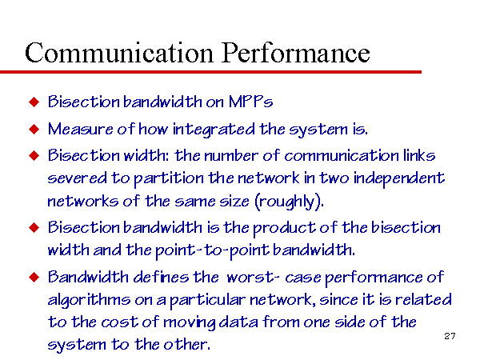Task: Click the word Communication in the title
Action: [x=118, y=53]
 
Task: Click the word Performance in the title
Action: [x=296, y=53]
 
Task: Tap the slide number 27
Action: [x=450, y=336]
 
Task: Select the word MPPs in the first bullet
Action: [x=250, y=102]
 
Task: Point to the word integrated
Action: [x=214, y=130]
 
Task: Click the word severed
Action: [x=77, y=178]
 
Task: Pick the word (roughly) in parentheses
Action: [x=289, y=202]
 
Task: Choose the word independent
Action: [x=399, y=178]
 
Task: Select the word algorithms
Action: [x=89, y=300]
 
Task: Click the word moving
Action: [x=190, y=322]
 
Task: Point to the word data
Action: [x=238, y=322]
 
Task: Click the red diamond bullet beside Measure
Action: [x=34, y=129]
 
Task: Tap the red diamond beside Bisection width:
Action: [x=34, y=155]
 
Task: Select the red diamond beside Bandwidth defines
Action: [x=34, y=278]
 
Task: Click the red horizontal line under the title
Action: [x=210, y=72]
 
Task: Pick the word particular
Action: [x=207, y=300]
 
